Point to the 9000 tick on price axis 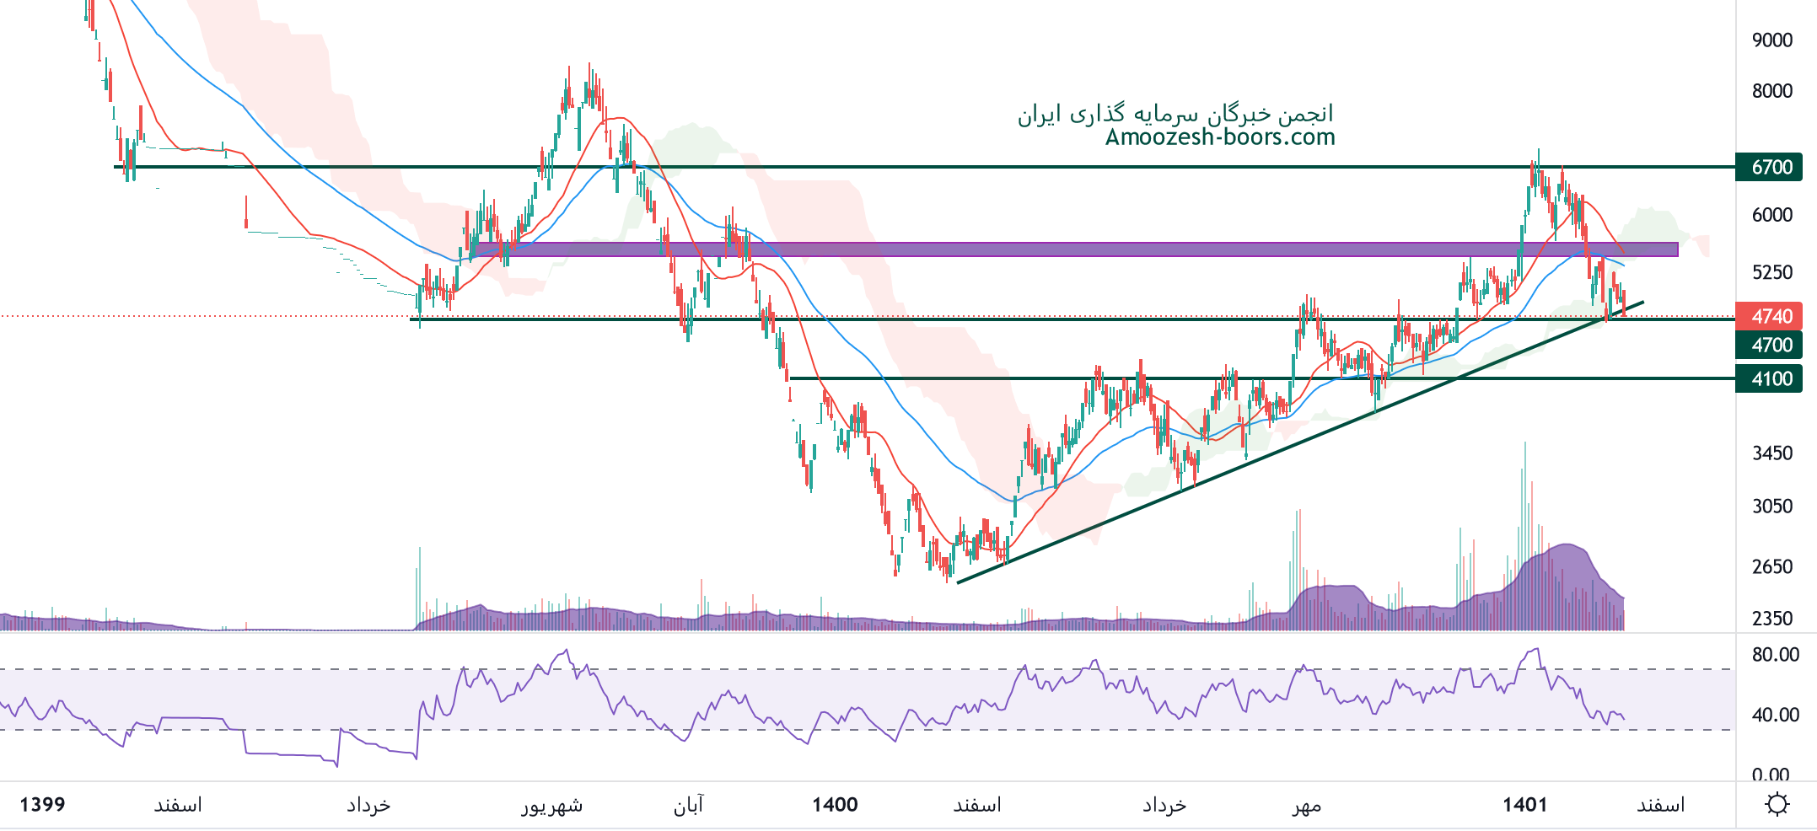point(1771,40)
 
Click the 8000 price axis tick point(1771,91)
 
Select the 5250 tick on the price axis point(1771,272)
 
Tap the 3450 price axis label point(1771,453)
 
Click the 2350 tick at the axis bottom point(1771,619)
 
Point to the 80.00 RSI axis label point(1775,655)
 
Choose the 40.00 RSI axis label point(1775,715)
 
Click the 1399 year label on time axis point(42,805)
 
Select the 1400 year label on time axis point(835,805)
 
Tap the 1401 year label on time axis point(1524,805)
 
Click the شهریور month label point(551,806)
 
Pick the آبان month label point(688,806)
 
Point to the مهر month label point(1307,806)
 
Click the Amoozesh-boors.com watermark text point(1220,137)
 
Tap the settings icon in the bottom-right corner point(1777,805)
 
